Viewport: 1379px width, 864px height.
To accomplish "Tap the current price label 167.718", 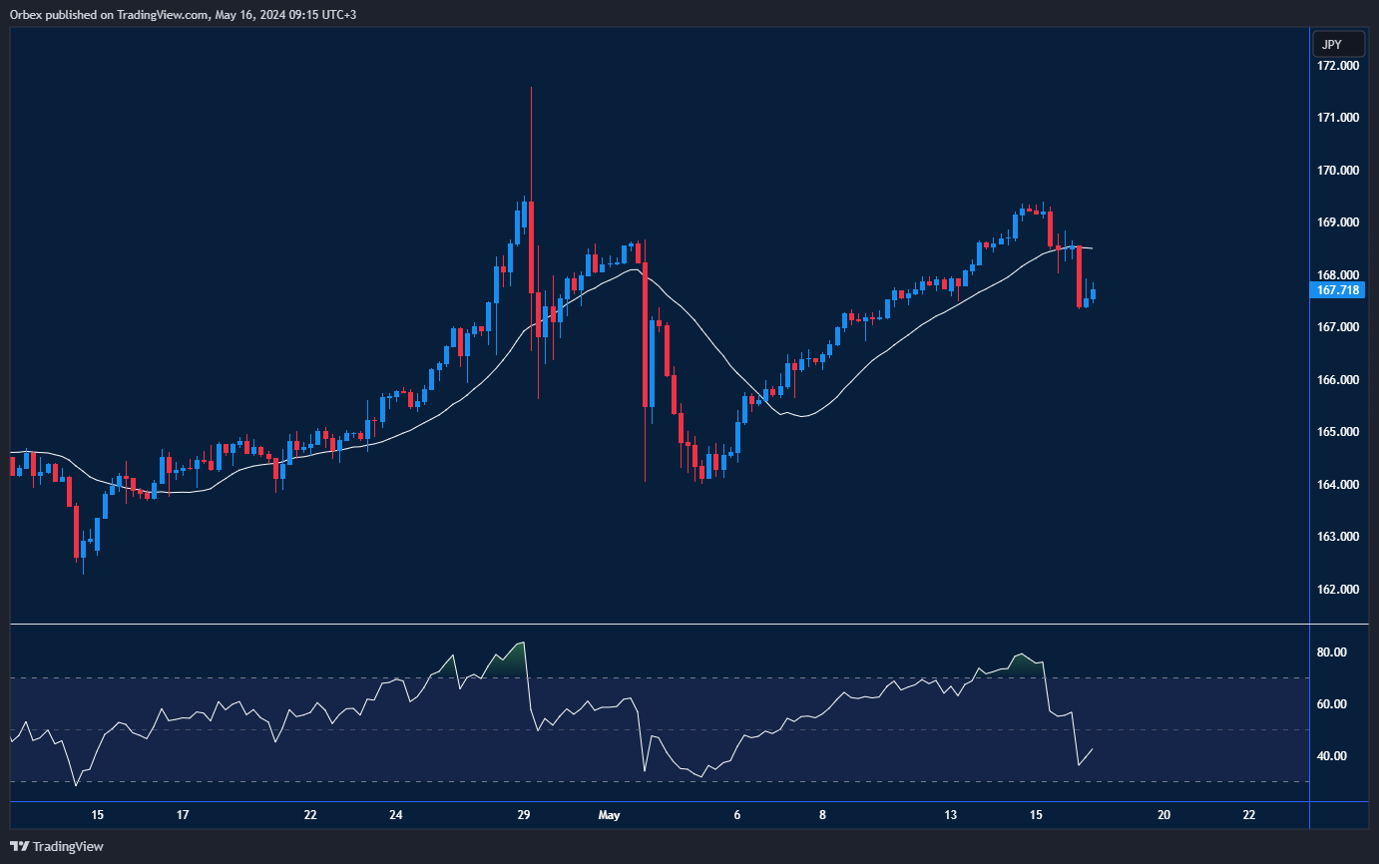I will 1337,290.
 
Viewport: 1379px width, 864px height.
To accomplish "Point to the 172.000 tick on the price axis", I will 1338,66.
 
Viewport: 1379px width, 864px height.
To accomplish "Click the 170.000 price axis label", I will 1338,171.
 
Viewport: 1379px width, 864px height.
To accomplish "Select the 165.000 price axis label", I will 1338,432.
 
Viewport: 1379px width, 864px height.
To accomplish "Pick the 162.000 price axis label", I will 1338,590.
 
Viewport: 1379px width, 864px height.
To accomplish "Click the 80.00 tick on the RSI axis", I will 1332,652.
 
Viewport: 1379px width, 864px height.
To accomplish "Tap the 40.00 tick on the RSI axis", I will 1332,756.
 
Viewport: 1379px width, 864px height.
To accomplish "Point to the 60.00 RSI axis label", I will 1332,704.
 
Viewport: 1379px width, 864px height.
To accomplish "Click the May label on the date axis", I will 609,815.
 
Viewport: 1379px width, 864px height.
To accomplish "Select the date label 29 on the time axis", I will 524,815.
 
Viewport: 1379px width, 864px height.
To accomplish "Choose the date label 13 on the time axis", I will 951,815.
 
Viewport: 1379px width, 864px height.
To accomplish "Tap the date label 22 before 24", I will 310,815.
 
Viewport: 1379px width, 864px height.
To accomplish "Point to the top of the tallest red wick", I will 531,88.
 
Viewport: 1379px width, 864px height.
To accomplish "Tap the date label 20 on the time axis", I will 1163,815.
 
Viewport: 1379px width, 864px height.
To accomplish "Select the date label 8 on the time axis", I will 822,815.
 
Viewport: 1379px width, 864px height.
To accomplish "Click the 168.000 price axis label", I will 1338,275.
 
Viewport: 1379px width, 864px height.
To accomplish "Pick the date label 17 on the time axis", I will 183,815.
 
